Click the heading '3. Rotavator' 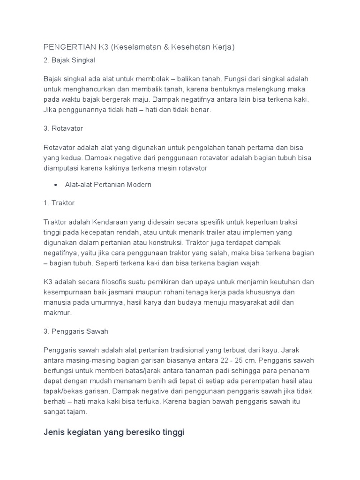pos(63,128)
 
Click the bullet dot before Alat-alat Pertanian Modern pos(56,185)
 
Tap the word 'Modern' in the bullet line pos(140,185)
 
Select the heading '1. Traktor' pos(59,203)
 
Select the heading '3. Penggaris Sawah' pos(76,331)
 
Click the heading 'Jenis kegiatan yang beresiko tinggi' pos(114,432)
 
